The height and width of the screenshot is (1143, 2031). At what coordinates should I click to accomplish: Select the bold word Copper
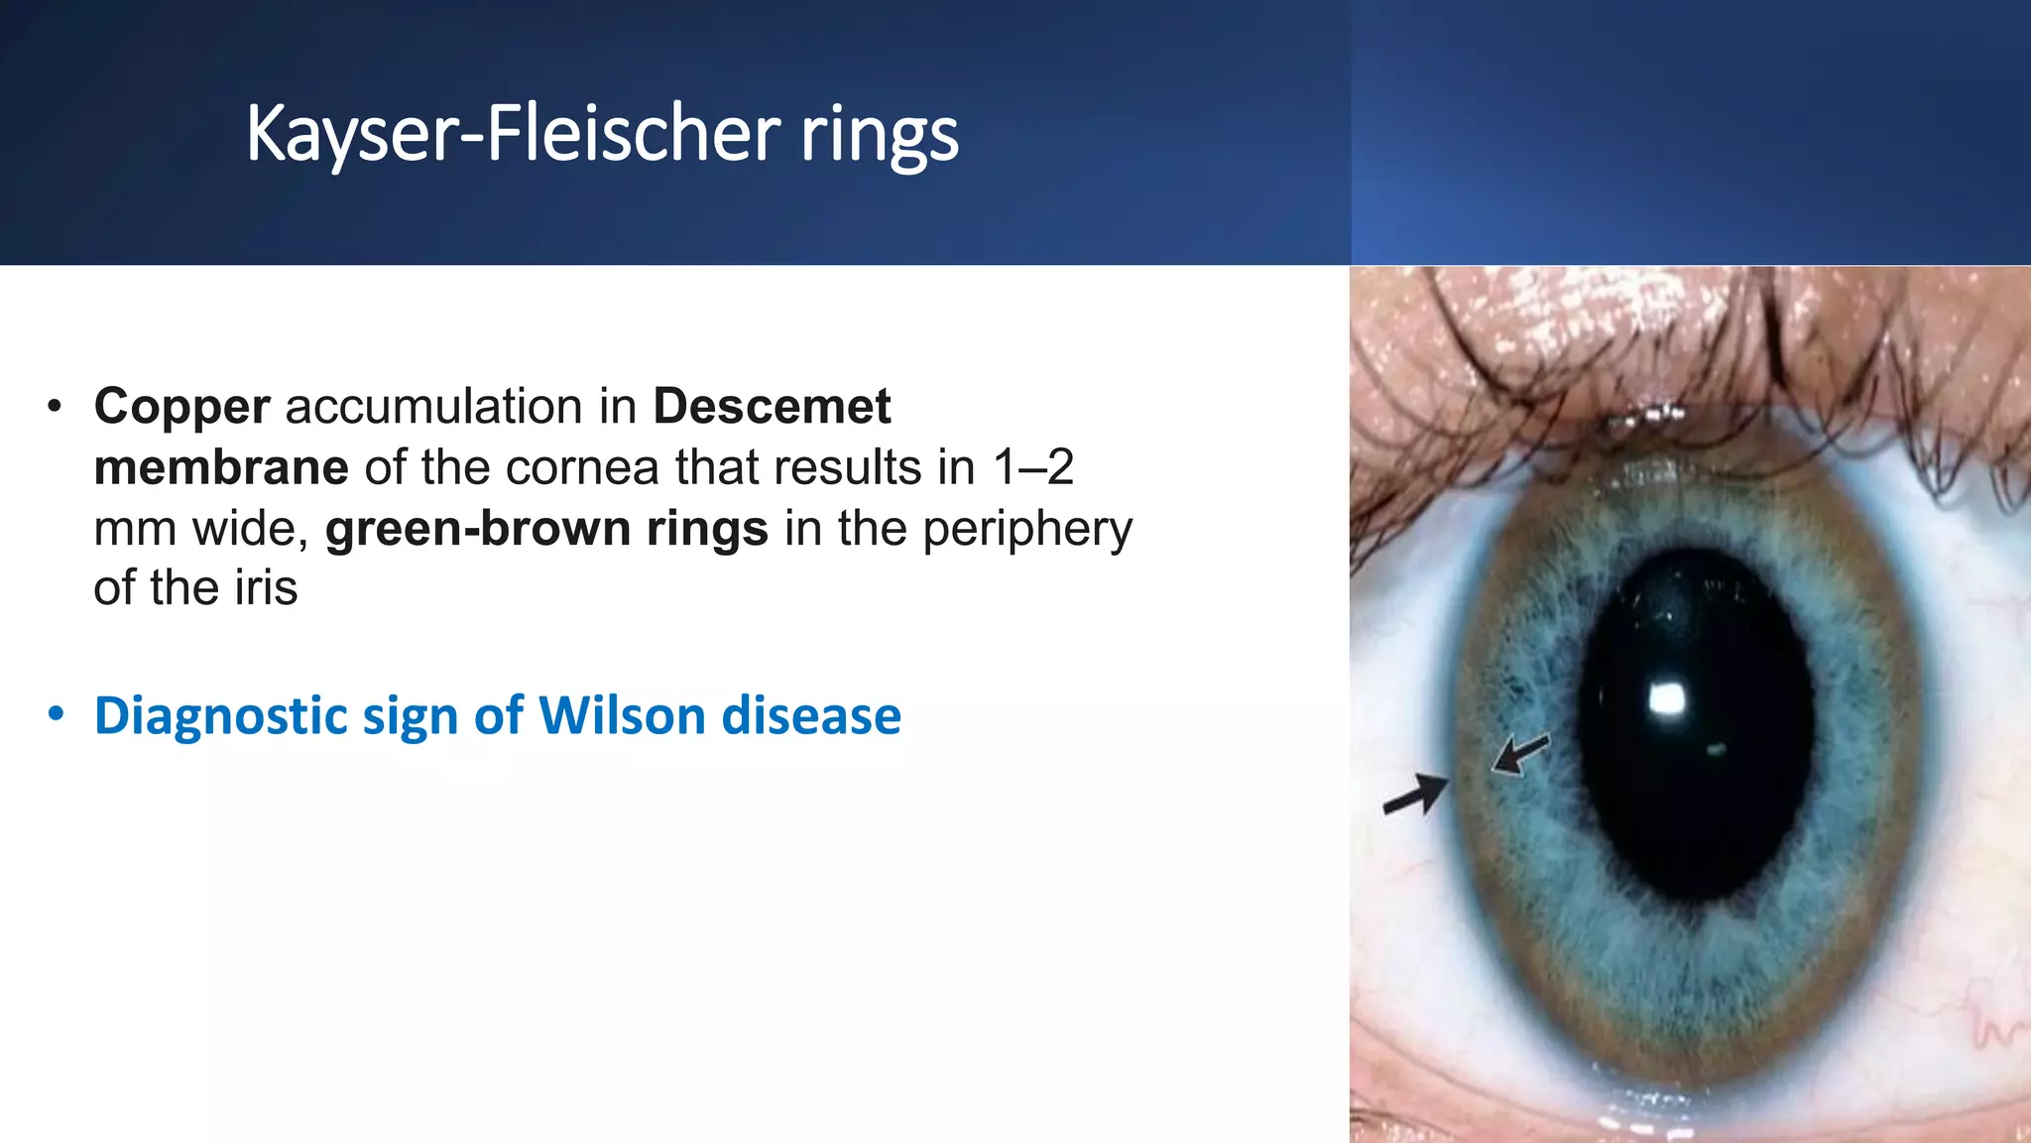(x=181, y=407)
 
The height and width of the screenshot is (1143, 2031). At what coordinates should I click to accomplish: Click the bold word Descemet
(x=772, y=407)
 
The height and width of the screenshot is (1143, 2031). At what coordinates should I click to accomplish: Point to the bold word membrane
(x=220, y=467)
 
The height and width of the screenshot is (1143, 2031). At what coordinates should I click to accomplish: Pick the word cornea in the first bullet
(x=582, y=467)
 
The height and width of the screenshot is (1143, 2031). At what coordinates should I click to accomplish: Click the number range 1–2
(x=1033, y=467)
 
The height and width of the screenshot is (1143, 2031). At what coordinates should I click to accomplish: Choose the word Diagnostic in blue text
(x=220, y=716)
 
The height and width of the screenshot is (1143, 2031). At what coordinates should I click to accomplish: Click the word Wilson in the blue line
(x=622, y=715)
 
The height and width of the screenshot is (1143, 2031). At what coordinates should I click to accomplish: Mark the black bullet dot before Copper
(x=55, y=407)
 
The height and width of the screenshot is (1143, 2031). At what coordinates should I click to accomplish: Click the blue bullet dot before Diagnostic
(x=56, y=714)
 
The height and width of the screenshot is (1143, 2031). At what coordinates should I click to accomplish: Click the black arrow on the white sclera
(x=1415, y=795)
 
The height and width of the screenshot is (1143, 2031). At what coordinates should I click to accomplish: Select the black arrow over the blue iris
(x=1520, y=754)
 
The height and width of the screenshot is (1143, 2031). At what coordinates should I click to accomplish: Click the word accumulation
(x=461, y=407)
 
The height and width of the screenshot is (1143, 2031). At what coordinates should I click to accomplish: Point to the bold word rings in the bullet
(x=707, y=529)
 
